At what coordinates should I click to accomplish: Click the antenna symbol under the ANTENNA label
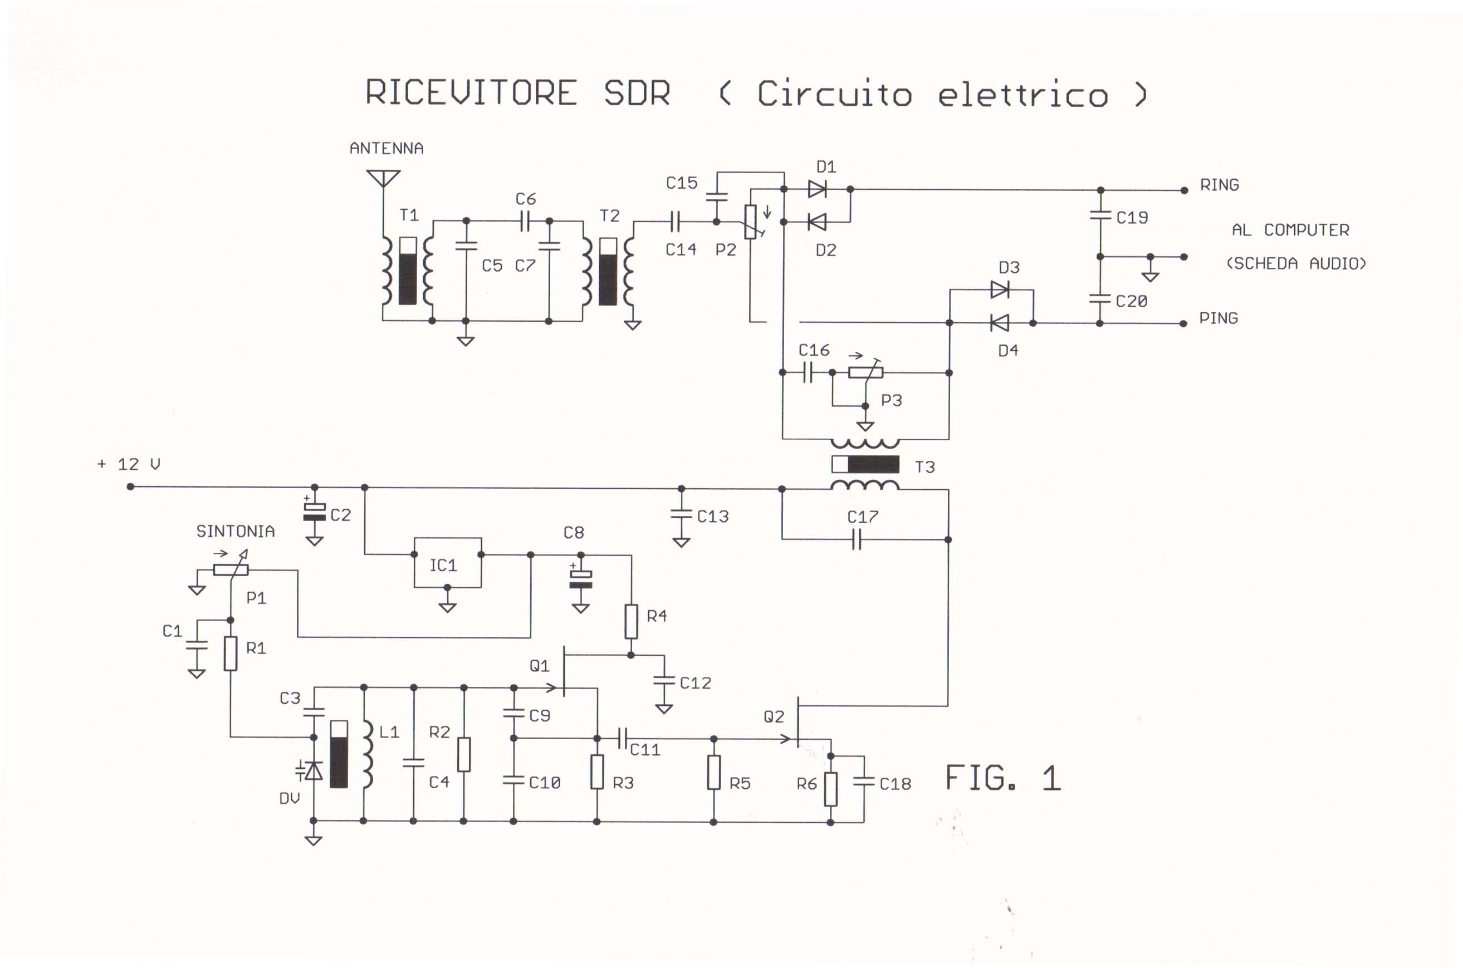[383, 179]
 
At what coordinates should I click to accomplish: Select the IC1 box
[447, 563]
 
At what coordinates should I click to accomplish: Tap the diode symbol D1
[817, 189]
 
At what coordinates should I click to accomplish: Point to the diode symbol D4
[1000, 322]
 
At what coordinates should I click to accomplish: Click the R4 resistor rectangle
[630, 621]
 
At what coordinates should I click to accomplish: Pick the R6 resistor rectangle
[830, 788]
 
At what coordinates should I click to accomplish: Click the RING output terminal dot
[1184, 190]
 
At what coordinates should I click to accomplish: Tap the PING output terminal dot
[1183, 323]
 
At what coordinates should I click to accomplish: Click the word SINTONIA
[235, 532]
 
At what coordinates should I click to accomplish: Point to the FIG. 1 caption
[1002, 778]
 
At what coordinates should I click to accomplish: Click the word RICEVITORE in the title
[471, 93]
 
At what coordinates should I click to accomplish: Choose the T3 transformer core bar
[865, 464]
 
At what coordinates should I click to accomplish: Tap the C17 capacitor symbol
[856, 540]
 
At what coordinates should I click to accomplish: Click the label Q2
[774, 717]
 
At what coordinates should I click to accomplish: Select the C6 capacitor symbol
[526, 220]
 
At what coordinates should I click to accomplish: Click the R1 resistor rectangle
[231, 653]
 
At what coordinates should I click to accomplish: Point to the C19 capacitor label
[1132, 217]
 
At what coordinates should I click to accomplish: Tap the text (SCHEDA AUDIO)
[1295, 264]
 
